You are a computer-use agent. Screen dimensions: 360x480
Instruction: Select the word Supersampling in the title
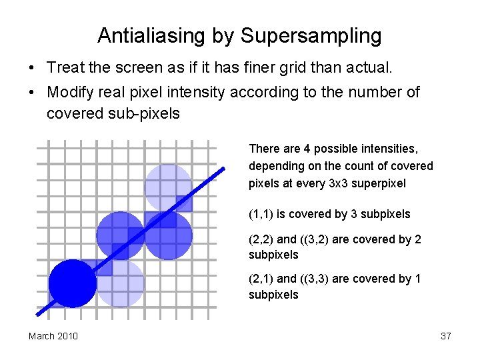311,35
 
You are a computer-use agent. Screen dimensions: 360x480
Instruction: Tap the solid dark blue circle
73,283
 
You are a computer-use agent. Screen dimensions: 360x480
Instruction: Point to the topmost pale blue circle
168,187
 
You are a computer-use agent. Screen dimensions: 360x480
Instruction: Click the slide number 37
446,336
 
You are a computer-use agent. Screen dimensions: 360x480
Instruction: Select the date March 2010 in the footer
53,336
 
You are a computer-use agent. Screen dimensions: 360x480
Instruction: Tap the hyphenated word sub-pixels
148,114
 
